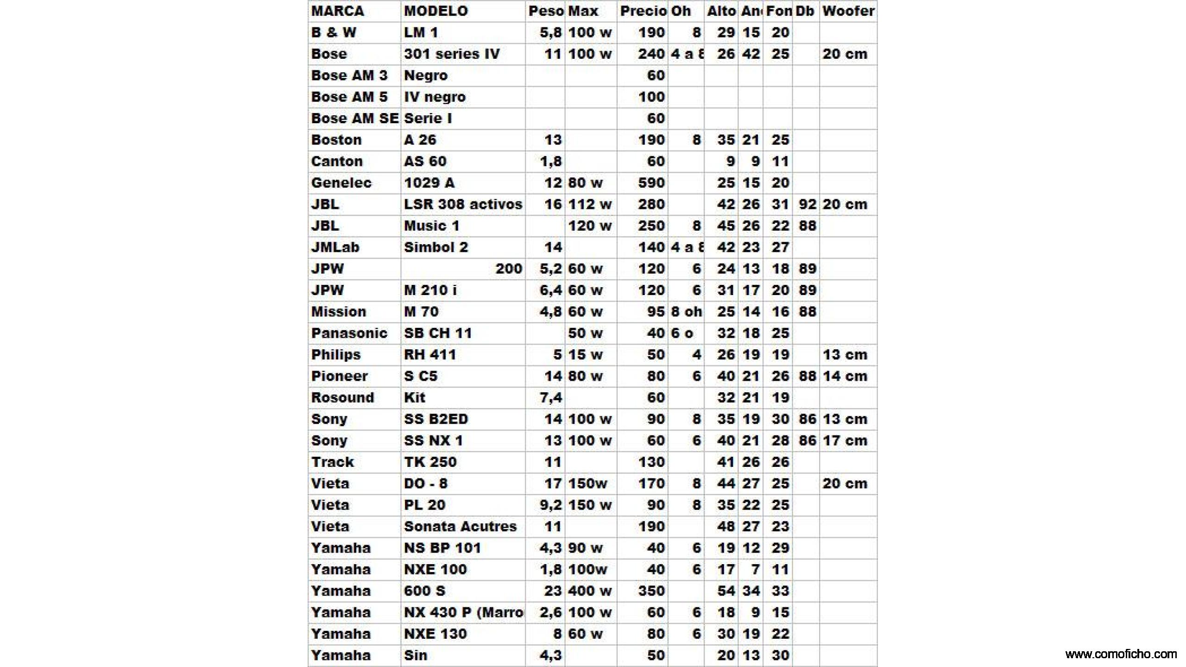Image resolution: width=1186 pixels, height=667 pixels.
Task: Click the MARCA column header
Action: coord(338,11)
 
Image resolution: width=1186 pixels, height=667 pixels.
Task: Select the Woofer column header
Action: coord(848,11)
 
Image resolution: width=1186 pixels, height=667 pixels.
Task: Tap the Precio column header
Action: coord(643,11)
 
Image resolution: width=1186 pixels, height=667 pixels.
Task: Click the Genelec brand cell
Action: coord(341,182)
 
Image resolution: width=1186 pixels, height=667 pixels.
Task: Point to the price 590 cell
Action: coord(651,182)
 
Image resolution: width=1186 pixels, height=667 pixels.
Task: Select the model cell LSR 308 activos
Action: coord(463,204)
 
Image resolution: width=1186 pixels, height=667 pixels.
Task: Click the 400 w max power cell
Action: coord(590,591)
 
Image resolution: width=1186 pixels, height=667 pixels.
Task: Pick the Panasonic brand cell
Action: coord(349,333)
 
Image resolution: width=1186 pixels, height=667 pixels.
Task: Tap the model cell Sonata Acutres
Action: coord(460,526)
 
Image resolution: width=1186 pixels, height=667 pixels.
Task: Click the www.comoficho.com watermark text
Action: coord(1121,654)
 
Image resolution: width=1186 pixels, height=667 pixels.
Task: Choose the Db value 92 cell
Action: coord(807,204)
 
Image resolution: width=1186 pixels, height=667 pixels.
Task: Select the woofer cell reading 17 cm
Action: coord(845,440)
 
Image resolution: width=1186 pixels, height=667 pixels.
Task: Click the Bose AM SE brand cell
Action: coord(355,118)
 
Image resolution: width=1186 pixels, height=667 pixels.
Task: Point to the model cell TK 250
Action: coord(430,462)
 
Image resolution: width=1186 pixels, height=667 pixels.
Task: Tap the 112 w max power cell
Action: coord(590,204)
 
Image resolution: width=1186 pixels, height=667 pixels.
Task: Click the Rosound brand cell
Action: coord(342,397)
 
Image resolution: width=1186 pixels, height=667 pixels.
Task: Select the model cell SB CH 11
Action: coord(438,333)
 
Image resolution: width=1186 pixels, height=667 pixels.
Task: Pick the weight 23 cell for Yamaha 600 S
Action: coord(553,591)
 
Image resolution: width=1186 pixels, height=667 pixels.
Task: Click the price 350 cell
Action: coord(651,591)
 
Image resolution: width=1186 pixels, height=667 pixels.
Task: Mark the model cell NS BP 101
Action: coord(442,548)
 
